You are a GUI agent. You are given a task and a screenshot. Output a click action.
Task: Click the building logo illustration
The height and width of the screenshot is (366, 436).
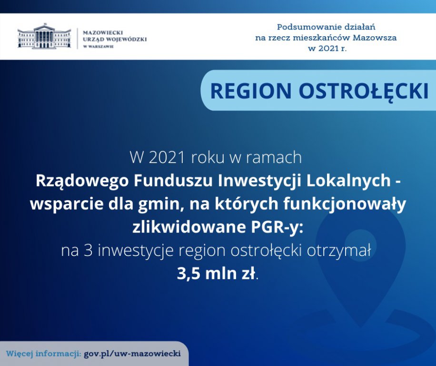(x=44, y=36)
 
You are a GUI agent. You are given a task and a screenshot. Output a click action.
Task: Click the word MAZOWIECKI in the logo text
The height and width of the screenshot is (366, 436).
(x=103, y=32)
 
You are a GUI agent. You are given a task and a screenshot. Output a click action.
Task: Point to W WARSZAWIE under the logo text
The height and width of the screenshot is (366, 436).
(x=98, y=47)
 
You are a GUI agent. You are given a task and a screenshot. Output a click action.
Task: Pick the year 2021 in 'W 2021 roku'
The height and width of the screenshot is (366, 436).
(x=167, y=158)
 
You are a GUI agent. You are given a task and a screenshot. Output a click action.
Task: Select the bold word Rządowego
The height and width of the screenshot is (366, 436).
(x=82, y=182)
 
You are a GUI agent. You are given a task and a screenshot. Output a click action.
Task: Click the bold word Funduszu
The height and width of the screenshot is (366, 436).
(x=174, y=181)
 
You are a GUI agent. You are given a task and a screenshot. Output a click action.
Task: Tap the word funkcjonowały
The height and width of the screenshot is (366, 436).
(x=345, y=204)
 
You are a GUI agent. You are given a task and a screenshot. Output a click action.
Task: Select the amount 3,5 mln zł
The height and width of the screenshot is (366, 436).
(x=216, y=274)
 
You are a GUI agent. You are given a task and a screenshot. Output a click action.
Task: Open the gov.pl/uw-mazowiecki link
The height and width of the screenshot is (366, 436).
(x=132, y=354)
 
